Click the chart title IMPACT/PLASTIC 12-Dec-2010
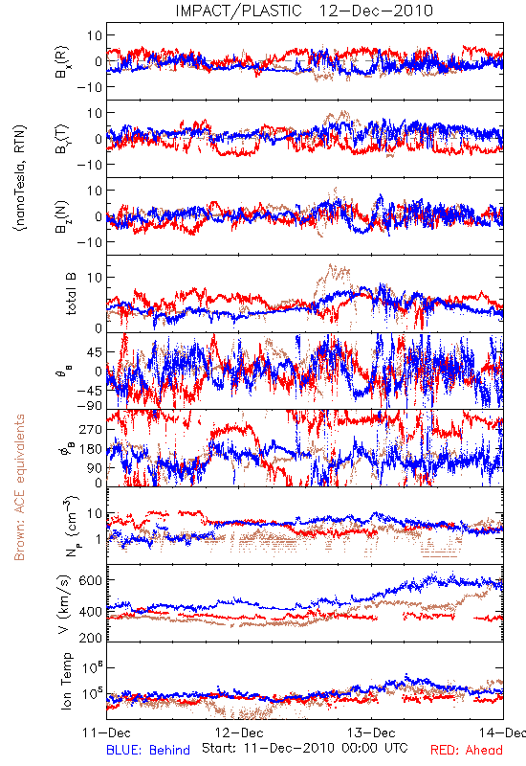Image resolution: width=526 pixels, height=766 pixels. pyautogui.click(x=304, y=11)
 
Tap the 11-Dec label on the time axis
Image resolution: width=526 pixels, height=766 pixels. pyautogui.click(x=106, y=732)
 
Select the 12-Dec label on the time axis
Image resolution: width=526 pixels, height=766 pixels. pyautogui.click(x=239, y=732)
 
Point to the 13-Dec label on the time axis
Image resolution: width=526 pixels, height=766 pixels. pyautogui.click(x=371, y=732)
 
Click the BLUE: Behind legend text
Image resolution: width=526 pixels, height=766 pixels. pyautogui.click(x=148, y=751)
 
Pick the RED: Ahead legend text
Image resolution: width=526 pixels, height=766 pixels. pyautogui.click(x=467, y=751)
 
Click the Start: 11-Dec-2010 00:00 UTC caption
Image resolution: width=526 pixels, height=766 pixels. pyautogui.click(x=305, y=748)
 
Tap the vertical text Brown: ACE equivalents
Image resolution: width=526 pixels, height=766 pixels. pyautogui.click(x=19, y=487)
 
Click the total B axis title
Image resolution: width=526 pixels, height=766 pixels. pyautogui.click(x=71, y=294)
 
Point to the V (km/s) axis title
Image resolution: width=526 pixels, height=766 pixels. pyautogui.click(x=64, y=604)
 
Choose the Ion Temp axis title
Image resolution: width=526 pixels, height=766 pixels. pyautogui.click(x=66, y=680)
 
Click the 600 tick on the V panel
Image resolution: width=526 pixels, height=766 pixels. pyautogui.click(x=91, y=580)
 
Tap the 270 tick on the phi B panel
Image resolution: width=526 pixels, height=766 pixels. pyautogui.click(x=91, y=429)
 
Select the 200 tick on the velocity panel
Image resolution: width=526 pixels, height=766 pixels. pyautogui.click(x=91, y=638)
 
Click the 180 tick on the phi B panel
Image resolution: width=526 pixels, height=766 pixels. pyautogui.click(x=91, y=449)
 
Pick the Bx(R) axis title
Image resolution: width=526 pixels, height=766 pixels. pyautogui.click(x=62, y=62)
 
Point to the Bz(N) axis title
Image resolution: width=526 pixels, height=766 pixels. pyautogui.click(x=62, y=216)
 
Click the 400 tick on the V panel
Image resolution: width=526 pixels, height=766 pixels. pyautogui.click(x=91, y=612)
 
